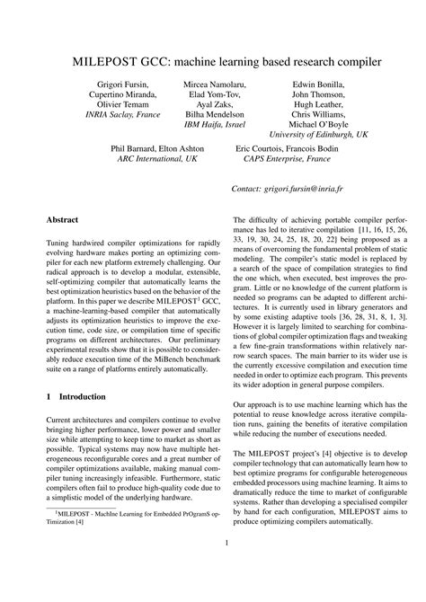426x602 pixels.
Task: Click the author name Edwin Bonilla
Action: click(x=318, y=84)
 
